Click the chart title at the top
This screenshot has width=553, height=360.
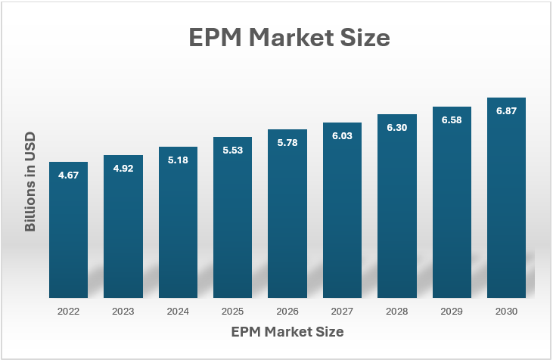point(289,37)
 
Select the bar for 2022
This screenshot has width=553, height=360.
point(68,230)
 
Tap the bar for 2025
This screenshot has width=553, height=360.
point(232,217)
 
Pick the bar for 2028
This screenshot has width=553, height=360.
point(396,206)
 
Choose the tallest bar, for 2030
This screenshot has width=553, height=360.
point(506,198)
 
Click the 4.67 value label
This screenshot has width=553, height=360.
point(68,175)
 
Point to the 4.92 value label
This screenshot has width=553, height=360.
point(123,169)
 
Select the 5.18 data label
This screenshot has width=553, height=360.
point(178,160)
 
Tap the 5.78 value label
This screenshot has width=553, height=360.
point(287,143)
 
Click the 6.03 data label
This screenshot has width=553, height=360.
point(342,135)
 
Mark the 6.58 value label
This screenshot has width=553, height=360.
point(452,120)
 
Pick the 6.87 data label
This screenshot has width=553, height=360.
point(506,110)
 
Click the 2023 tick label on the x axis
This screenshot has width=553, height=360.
point(123,312)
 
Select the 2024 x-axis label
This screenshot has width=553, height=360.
point(178,312)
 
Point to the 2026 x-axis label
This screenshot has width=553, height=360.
point(287,312)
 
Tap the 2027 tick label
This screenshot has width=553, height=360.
point(342,312)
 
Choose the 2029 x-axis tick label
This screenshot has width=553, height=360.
point(452,312)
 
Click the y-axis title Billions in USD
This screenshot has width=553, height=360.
point(30,182)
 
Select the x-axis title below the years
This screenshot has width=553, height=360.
point(287,332)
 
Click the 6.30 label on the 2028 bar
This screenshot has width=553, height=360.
point(396,128)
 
